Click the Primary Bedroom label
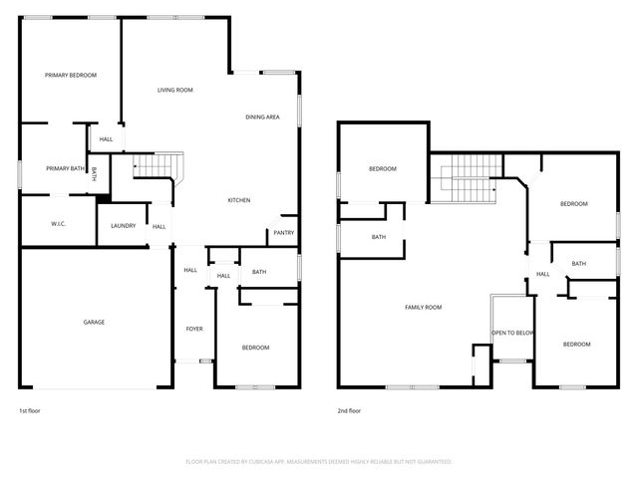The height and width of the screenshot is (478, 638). coord(70,75)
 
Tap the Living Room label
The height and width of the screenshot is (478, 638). coord(174,91)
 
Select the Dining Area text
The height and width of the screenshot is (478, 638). coord(262,118)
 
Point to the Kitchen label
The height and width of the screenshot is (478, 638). coord(238,200)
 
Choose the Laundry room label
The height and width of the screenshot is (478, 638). coord(123,226)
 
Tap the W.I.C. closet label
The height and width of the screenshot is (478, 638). coord(58,223)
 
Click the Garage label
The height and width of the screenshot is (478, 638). coord(94,322)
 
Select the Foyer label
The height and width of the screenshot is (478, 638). coord(194,329)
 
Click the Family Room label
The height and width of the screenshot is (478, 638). coord(423,307)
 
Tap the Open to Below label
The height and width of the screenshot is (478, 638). coord(513,333)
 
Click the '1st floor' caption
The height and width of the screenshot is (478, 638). coord(29,410)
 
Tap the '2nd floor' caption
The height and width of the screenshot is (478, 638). coord(349,410)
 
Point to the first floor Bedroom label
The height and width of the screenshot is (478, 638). coord(256,348)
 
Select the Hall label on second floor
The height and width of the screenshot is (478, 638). coord(543,275)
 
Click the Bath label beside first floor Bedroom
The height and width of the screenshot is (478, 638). coord(259,272)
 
